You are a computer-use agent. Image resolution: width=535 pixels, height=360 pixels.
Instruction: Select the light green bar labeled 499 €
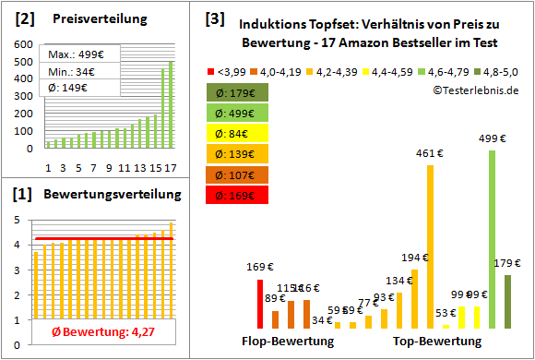[x=492, y=239]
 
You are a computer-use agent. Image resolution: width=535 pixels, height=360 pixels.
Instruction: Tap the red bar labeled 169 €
[x=260, y=304]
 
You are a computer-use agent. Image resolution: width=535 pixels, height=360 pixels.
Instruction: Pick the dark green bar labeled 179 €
[x=507, y=301]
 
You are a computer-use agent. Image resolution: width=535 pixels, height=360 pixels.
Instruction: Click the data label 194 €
[x=414, y=258]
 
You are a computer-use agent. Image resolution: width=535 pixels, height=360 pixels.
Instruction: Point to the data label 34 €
[x=322, y=320]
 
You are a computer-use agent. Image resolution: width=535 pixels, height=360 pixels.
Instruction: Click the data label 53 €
[x=445, y=313]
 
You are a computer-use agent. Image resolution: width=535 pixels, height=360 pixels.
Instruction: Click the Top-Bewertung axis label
[x=436, y=342]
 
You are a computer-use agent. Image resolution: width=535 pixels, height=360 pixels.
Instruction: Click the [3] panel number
[x=214, y=18]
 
